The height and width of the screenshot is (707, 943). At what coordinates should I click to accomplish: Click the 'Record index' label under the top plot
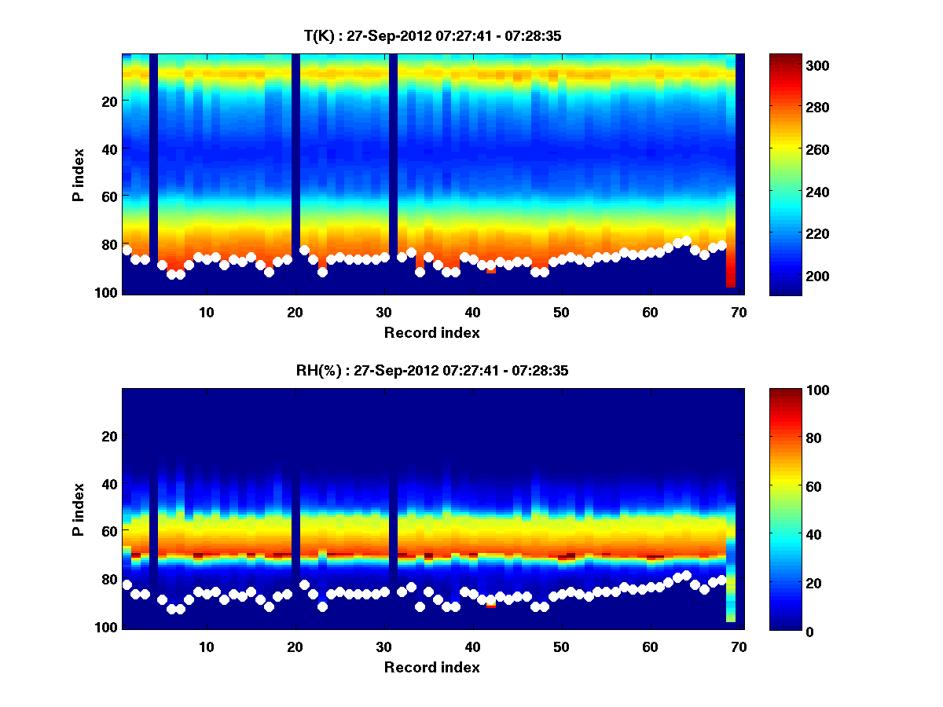coord(431,332)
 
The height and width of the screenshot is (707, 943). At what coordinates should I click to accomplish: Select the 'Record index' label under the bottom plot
coord(431,667)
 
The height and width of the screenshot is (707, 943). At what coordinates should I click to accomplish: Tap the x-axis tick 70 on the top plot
coord(738,312)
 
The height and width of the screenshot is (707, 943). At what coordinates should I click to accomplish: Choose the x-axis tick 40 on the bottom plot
coord(472,647)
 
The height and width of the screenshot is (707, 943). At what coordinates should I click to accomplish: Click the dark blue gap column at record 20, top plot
coord(295,173)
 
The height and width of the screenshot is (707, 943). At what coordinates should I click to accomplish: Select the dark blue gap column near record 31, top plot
coord(393,173)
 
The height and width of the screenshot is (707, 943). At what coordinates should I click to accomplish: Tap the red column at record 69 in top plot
coord(731,267)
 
